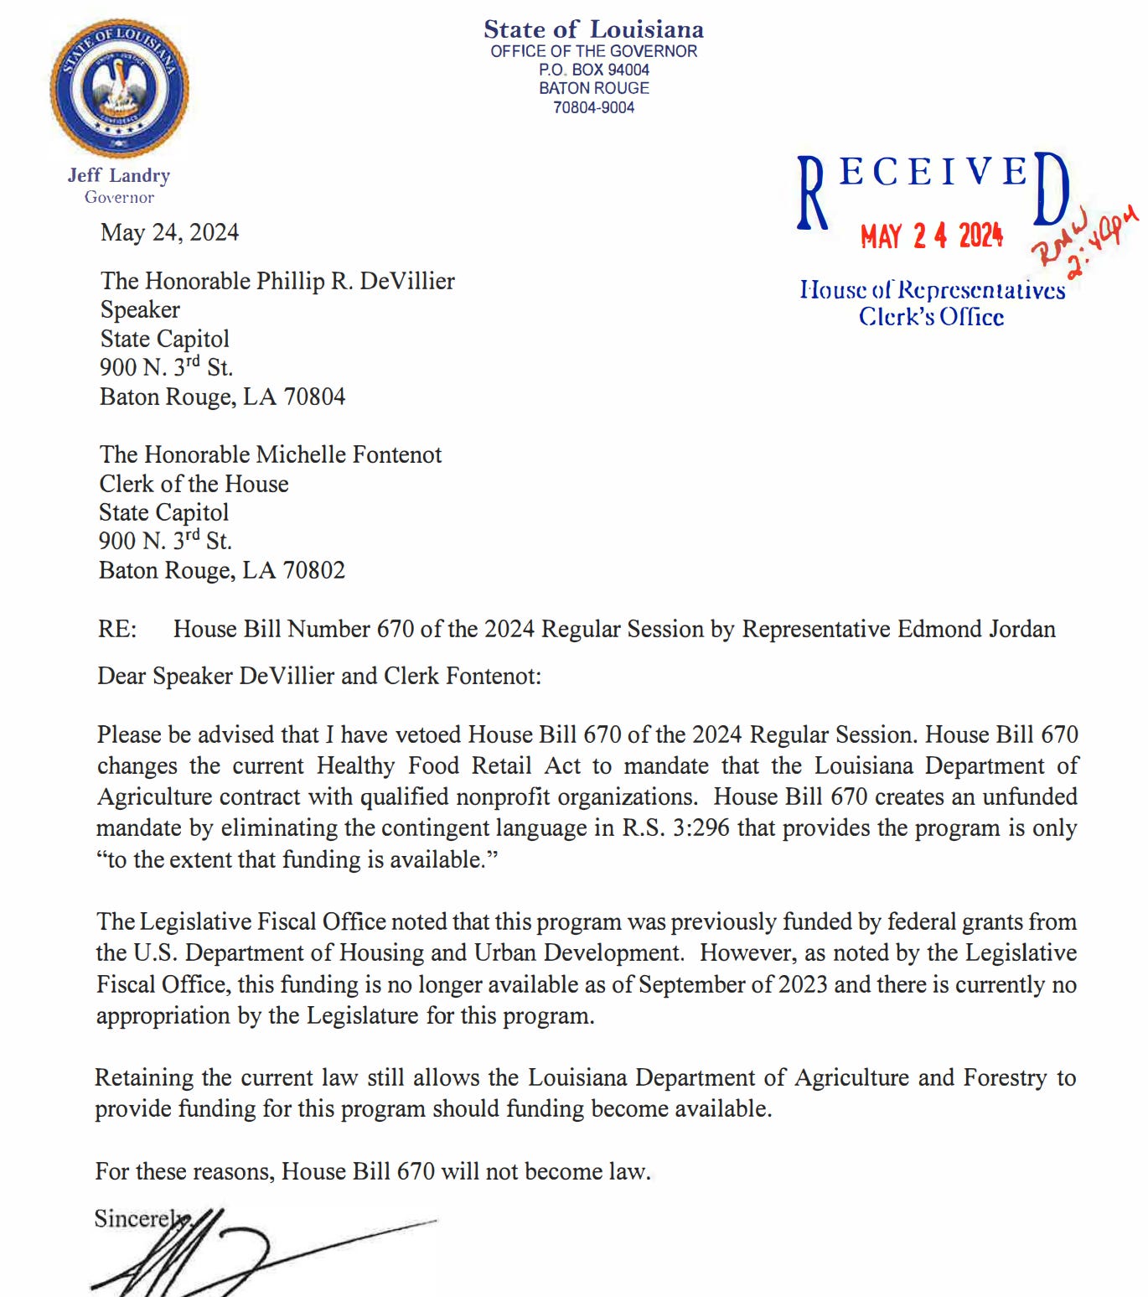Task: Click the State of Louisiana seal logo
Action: point(119,87)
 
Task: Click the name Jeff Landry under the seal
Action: point(119,175)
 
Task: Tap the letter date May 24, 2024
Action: point(169,232)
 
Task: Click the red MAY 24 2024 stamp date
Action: point(931,236)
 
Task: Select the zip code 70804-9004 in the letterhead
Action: point(593,107)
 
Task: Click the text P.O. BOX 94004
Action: point(593,70)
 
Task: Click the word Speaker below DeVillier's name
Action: point(140,309)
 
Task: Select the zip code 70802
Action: point(314,570)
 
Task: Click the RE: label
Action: point(116,629)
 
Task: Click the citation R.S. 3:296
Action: point(675,828)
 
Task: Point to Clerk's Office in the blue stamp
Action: point(931,317)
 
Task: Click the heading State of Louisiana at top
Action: point(593,29)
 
